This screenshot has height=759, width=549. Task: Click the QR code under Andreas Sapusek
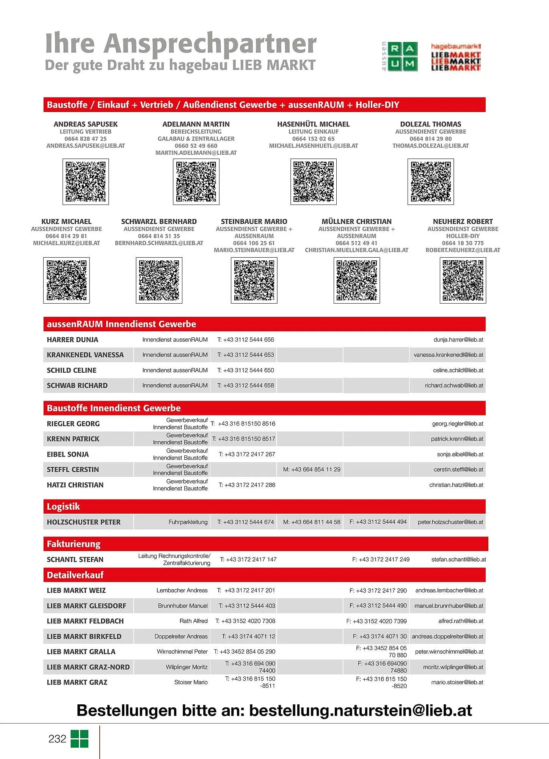click(86, 182)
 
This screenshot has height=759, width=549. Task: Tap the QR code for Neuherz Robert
click(463, 280)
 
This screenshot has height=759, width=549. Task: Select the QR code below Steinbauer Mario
click(254, 280)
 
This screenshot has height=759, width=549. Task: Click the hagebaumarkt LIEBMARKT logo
click(456, 57)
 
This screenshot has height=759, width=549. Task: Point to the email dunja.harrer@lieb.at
click(458, 340)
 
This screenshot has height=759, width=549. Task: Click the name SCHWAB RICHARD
click(77, 386)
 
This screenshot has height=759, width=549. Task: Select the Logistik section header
click(64, 507)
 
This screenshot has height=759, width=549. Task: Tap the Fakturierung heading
click(74, 544)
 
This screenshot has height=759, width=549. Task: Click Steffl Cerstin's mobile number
click(312, 469)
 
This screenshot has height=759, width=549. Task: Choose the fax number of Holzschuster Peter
click(378, 522)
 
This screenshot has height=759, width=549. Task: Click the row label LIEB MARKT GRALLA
click(81, 652)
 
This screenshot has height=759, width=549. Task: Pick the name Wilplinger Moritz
click(187, 667)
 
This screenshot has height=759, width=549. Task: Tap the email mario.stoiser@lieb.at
click(457, 682)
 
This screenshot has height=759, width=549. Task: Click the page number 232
click(57, 739)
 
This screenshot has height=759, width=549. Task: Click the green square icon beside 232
click(79, 739)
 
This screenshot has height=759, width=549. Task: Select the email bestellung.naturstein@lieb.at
click(360, 710)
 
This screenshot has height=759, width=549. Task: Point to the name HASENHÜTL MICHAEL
click(313, 124)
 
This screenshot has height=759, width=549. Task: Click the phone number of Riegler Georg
click(246, 424)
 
